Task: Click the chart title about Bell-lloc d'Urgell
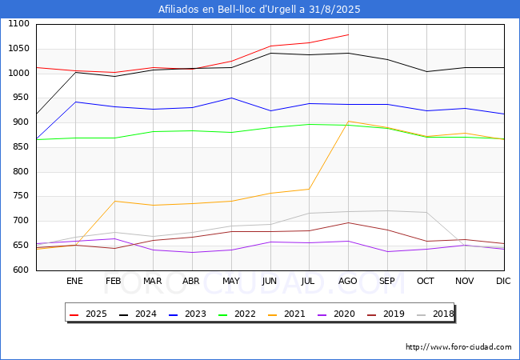click(x=259, y=9)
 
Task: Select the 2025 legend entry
click(x=88, y=314)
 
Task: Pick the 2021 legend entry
click(x=286, y=314)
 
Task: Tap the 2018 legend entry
click(x=435, y=314)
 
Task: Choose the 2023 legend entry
click(x=187, y=314)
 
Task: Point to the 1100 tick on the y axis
click(x=18, y=24)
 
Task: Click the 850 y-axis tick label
click(x=22, y=147)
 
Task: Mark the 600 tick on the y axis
click(x=22, y=270)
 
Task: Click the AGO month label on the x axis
click(x=347, y=281)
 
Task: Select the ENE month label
click(x=74, y=281)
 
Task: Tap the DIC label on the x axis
click(x=503, y=281)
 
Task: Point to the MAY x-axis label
click(x=231, y=281)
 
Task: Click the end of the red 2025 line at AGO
click(x=349, y=34)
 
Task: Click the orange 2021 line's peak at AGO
click(x=348, y=122)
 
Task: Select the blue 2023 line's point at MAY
click(x=231, y=98)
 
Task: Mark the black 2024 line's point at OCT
click(x=426, y=72)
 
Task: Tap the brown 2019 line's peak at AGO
click(x=348, y=222)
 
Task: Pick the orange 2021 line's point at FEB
click(x=114, y=202)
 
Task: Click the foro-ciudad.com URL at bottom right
click(x=458, y=347)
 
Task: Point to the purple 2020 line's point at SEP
click(x=387, y=252)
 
